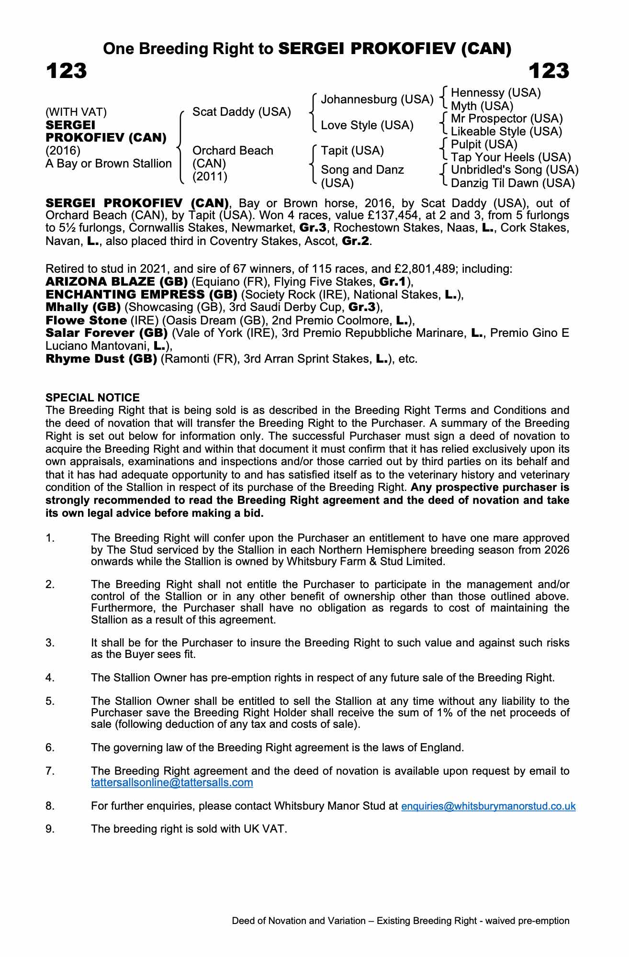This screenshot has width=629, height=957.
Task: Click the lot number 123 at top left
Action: point(67,71)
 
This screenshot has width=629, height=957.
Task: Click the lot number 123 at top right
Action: point(549,71)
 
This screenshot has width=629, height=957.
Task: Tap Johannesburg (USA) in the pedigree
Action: point(377,100)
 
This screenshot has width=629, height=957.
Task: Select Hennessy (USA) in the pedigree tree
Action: point(495,93)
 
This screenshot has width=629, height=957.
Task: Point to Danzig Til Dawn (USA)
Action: point(512,183)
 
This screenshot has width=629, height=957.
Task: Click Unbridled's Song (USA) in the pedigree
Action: point(515,170)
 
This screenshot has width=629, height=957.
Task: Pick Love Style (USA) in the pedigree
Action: point(367,125)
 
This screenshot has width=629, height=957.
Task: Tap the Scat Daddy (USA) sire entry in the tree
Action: point(241,112)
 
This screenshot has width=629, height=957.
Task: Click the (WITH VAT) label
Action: point(76,112)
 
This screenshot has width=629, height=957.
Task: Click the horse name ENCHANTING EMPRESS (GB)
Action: point(141,295)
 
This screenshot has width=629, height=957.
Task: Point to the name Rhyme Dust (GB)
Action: point(101,359)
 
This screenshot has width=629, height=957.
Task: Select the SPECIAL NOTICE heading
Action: point(92,398)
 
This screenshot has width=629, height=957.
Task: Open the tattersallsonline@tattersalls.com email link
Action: point(172,783)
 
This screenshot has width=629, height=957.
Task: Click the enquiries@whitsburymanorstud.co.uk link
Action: point(488,806)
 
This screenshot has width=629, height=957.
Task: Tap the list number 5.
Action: point(50,701)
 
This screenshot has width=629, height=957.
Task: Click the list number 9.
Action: point(50,829)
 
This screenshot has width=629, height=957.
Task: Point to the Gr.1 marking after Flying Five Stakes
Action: point(393,282)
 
